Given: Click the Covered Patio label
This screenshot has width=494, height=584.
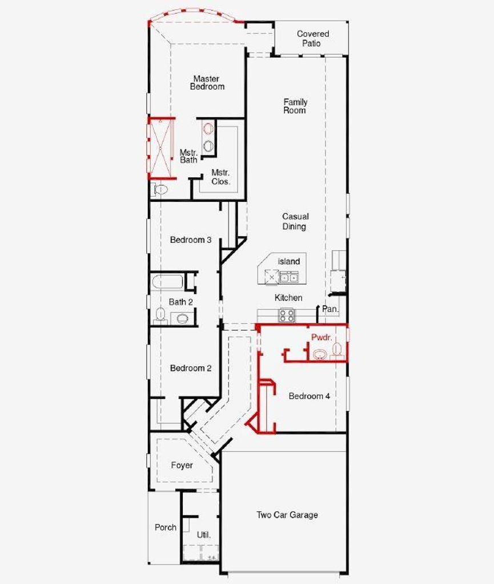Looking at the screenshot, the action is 313,38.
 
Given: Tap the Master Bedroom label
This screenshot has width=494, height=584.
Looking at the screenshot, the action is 207,83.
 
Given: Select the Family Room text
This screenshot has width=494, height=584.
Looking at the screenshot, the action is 295,106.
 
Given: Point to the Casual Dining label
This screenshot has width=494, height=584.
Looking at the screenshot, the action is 295,221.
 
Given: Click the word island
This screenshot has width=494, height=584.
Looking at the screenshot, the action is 289,261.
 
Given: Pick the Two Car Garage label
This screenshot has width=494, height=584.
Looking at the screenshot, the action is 287,515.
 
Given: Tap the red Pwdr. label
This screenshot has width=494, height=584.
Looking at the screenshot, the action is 322,338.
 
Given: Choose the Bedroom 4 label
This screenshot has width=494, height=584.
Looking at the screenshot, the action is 309,396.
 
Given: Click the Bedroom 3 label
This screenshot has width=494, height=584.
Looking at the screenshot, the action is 191,240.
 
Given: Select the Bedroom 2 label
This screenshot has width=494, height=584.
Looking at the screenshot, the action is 191,368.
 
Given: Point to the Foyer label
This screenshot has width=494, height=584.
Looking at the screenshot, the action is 182,465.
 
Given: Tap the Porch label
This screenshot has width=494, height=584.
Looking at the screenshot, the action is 166,528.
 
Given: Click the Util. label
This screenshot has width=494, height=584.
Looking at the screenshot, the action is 203,535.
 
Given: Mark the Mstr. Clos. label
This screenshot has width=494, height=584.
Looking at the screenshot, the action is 220,177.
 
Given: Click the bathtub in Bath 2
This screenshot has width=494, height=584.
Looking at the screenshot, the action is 167,282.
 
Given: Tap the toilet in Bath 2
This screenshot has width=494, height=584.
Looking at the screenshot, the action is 160,315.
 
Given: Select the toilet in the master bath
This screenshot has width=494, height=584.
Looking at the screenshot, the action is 159,189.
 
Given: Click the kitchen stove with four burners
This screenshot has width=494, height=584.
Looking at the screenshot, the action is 287,315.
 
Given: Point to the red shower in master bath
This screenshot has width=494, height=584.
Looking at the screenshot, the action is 162,148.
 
